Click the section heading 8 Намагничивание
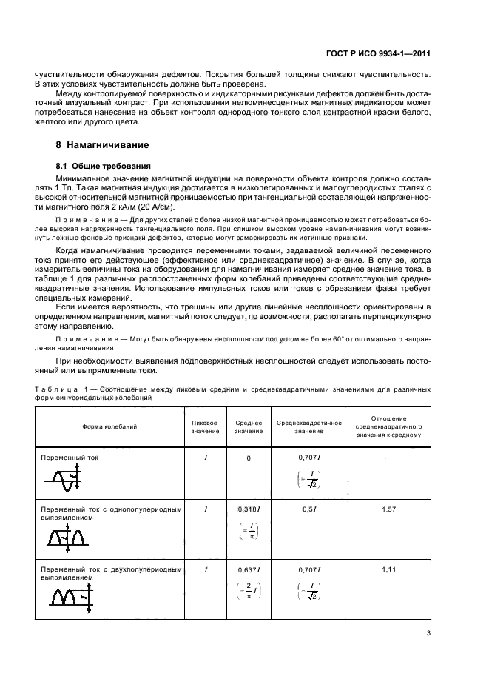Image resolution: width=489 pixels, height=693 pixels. pos(103,144)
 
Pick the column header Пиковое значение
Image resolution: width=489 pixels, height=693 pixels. pos(205,426)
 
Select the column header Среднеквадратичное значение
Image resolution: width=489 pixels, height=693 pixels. pos(308,426)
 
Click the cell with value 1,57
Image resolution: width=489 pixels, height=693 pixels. pos(388,510)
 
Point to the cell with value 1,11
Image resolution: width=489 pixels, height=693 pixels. pos(388,568)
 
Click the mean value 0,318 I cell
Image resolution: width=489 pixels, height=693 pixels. pos(249,510)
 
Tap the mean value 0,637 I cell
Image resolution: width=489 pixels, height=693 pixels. pos(249,569)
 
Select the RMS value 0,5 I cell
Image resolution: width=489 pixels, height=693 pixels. pos(308,510)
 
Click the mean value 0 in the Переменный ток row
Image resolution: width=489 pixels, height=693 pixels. pos(249,459)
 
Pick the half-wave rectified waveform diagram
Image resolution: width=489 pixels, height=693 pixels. pos(67,537)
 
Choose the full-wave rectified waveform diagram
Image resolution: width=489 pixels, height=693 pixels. pos(69,595)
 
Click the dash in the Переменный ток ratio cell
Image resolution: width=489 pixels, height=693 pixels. pos(388,458)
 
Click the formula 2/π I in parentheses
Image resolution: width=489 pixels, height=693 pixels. pos(249,590)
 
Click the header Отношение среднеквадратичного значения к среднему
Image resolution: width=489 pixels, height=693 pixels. pos(388,426)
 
